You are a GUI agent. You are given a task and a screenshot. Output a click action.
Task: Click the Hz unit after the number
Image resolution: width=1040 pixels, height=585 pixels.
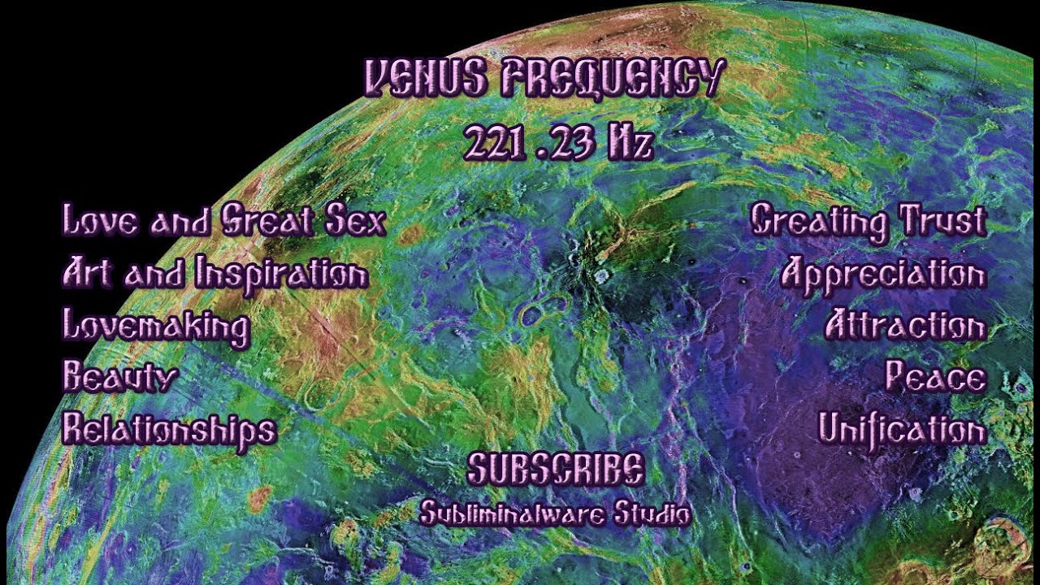point(629,143)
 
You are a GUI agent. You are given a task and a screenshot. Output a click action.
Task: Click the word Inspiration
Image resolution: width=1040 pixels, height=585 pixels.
point(281,275)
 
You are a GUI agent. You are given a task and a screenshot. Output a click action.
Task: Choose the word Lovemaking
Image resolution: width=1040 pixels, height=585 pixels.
point(156,327)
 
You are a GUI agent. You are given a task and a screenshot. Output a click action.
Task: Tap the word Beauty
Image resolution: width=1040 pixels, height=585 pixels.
point(120,378)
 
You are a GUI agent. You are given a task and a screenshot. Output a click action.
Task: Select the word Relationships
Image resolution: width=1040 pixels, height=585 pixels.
point(169,429)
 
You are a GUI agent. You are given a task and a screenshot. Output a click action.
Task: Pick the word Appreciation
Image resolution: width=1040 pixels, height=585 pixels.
point(883,275)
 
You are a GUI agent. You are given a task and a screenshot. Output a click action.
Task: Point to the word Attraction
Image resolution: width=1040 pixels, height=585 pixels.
point(905,327)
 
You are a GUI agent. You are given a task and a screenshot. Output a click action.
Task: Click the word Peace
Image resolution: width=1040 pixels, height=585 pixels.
point(935,378)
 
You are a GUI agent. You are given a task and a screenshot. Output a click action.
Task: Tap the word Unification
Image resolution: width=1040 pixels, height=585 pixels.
point(902,428)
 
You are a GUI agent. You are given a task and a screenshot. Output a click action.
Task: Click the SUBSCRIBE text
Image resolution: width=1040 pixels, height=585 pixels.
point(557,470)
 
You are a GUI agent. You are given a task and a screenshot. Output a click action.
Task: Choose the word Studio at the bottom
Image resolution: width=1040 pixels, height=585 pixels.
point(653,513)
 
